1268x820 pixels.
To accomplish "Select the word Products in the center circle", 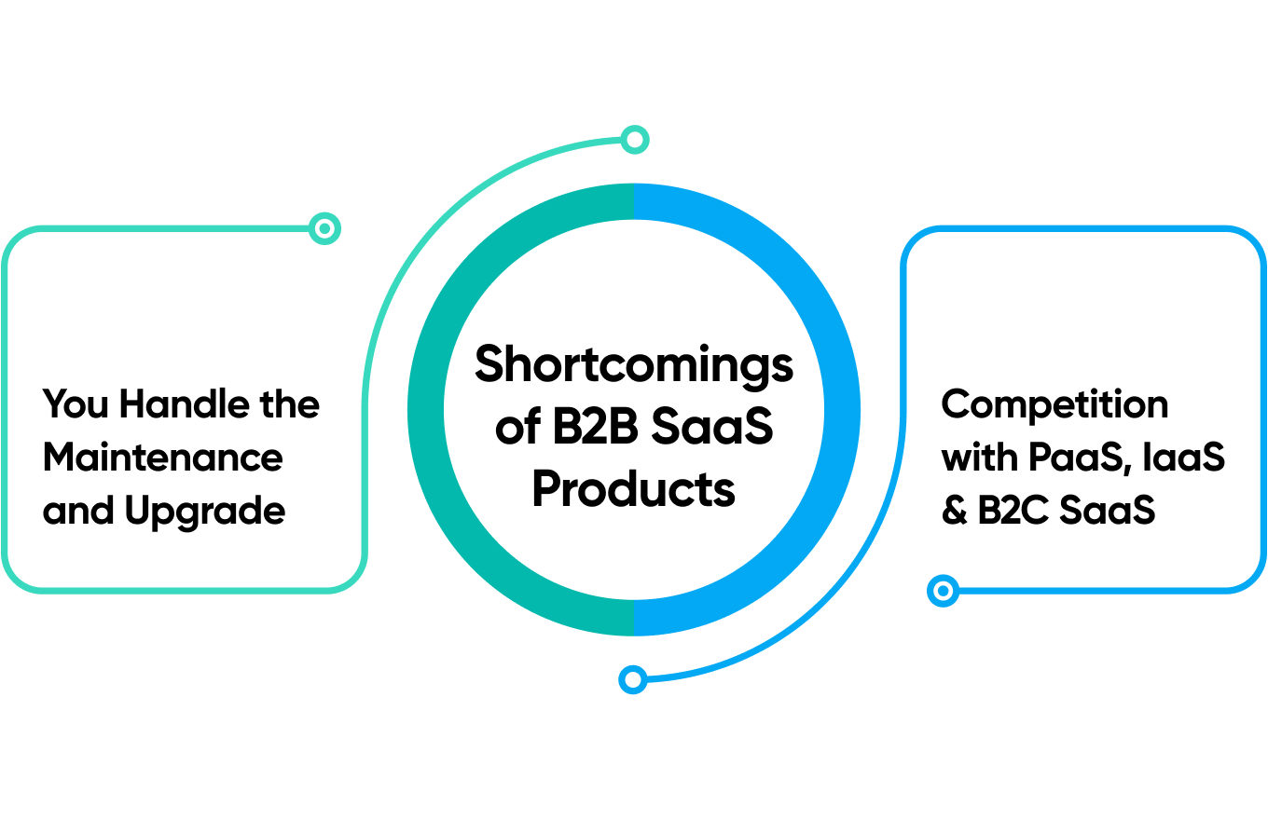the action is point(633,488).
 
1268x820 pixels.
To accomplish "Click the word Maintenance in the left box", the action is point(162,458).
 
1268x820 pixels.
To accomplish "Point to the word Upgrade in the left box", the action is point(205,511).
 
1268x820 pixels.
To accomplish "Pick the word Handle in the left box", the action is point(185,404).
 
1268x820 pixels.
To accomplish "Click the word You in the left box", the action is point(76,404).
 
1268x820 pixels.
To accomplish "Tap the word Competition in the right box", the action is point(1054,405).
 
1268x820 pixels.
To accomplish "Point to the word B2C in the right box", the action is point(1013,510).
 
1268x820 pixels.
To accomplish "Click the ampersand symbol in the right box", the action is point(955,510).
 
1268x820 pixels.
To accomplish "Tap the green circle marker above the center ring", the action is point(635,139).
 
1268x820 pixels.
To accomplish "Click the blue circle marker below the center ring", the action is point(633,679).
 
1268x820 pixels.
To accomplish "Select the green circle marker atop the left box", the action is point(324,228).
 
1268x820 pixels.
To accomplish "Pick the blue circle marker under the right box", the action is point(944,591).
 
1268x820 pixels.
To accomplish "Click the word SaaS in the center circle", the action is point(711,427).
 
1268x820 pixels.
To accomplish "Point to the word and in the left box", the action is point(78,511).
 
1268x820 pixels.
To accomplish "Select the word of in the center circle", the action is point(517,427).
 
